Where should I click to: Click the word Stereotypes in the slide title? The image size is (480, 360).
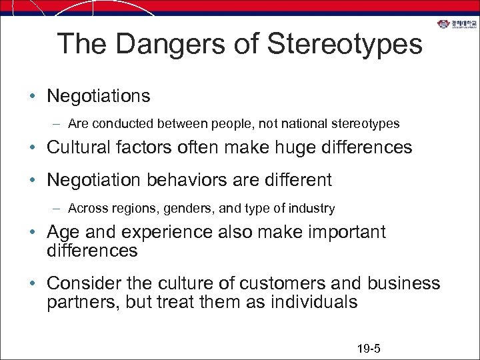tap(345, 44)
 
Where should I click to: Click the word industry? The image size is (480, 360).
tap(314, 209)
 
